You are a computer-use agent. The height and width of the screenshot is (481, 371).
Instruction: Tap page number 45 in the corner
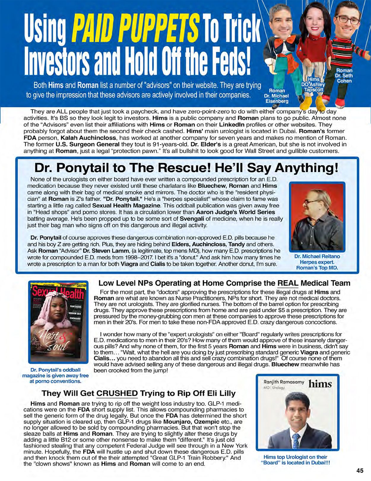click(x=360, y=471)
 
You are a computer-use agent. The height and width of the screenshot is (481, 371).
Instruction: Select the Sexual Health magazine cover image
click(x=58, y=322)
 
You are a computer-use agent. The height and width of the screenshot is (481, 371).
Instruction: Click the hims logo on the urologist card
click(x=320, y=384)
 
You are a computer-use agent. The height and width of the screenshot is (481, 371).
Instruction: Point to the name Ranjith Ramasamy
click(x=284, y=382)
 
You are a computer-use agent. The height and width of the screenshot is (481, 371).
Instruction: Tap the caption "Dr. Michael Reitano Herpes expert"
click(x=317, y=259)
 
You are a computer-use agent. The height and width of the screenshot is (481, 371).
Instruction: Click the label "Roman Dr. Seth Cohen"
click(x=344, y=76)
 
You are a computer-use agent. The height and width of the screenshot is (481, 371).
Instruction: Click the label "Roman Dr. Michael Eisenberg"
click(x=276, y=96)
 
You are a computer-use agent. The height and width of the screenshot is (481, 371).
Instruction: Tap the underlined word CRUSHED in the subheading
click(x=117, y=394)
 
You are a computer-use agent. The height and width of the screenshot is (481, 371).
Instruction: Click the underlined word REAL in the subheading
click(x=287, y=283)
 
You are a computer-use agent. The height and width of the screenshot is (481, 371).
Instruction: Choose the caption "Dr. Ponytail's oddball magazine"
click(x=56, y=375)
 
